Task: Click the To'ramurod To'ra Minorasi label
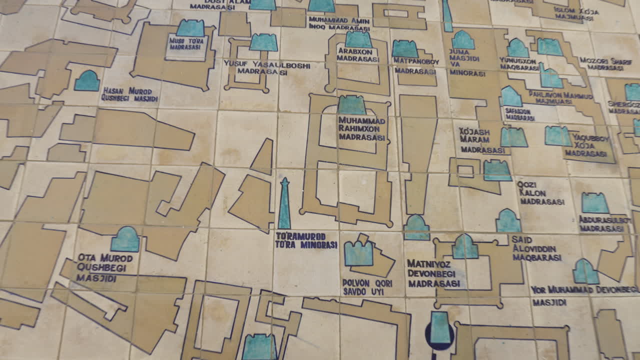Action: tap(306, 240)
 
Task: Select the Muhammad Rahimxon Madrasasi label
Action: tap(362, 129)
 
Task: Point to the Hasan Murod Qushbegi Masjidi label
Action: tap(129, 94)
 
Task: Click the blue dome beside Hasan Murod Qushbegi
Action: tap(87, 81)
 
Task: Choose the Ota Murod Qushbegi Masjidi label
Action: tap(104, 267)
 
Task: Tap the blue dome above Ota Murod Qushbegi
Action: tap(125, 239)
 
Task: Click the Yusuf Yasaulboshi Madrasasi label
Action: tap(266, 68)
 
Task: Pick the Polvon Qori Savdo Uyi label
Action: tap(363, 286)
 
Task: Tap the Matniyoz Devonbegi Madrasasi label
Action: tap(433, 273)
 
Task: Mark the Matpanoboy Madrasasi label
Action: tap(415, 66)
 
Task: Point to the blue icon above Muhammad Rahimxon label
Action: tap(351, 105)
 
